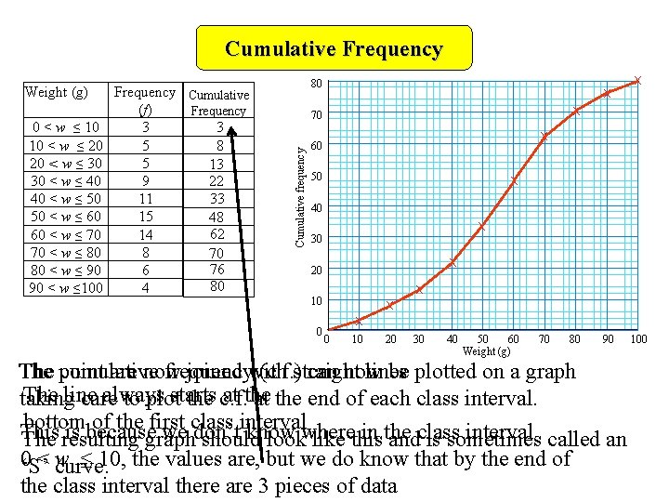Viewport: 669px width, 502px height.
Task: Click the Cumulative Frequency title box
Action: point(334,49)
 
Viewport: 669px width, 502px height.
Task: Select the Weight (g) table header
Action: point(57,92)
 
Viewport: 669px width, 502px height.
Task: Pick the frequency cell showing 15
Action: point(144,217)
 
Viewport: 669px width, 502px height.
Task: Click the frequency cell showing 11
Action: point(144,199)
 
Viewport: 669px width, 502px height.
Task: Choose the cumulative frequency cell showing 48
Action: point(216,217)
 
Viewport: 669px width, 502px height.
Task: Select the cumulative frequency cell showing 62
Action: point(216,234)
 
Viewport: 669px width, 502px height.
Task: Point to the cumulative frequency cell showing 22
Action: point(216,181)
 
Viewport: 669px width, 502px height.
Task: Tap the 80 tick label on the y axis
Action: point(317,85)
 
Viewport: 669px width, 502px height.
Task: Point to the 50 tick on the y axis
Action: point(317,177)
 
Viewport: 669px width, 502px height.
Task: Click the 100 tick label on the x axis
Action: point(638,339)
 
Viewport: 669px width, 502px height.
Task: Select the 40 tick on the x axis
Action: point(452,339)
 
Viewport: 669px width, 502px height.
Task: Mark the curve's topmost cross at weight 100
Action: point(637,80)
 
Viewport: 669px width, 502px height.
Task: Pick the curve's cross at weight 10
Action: point(358,322)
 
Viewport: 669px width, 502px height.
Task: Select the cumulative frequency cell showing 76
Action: point(216,270)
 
